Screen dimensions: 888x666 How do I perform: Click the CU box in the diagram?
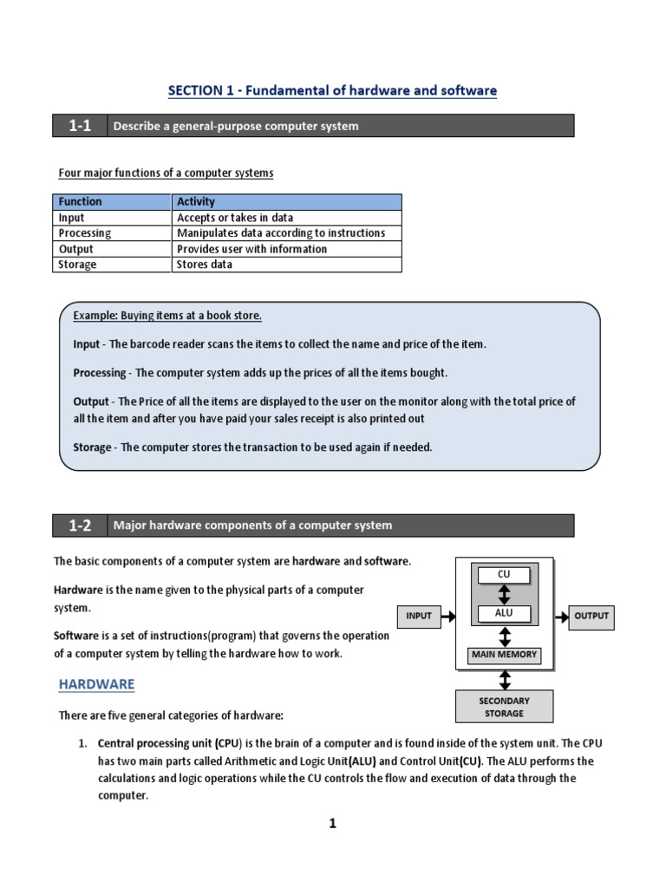pos(504,574)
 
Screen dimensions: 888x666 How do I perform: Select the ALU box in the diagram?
pos(504,613)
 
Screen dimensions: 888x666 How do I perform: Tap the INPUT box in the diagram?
pos(419,616)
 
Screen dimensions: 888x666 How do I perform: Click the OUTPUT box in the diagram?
pos(591,616)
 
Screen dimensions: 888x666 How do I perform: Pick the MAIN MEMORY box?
pos(504,655)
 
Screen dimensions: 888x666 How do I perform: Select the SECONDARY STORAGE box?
pos(504,707)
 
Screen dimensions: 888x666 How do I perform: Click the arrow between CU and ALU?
pos(504,594)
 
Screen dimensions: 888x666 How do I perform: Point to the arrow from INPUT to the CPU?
pos(448,616)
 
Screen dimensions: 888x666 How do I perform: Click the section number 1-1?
pos(80,126)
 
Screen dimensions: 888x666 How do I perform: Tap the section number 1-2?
pos(80,525)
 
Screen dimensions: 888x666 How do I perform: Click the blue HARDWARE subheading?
pos(96,684)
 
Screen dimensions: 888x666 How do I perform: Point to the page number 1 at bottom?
pos(332,824)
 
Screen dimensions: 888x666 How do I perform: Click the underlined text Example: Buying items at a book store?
pos(167,316)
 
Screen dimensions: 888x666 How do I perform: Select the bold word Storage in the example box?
pos(92,447)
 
